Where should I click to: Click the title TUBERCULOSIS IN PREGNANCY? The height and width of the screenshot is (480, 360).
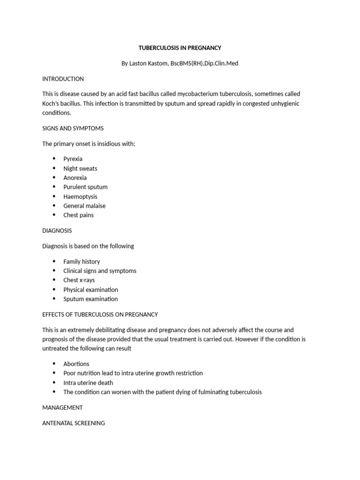click(180, 48)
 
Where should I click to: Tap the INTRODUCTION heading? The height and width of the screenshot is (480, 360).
click(63, 79)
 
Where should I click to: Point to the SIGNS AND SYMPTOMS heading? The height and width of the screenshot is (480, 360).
click(73, 128)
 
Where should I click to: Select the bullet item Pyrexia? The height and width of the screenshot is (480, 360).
click(73, 159)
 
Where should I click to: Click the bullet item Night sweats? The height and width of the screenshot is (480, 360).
click(80, 168)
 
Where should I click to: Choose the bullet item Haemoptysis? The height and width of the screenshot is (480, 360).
click(80, 196)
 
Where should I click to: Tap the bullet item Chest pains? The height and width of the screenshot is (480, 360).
click(78, 215)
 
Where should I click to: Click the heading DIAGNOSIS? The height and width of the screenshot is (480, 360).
click(57, 231)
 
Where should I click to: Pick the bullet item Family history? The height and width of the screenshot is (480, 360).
click(82, 262)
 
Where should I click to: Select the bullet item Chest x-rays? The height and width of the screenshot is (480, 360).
click(79, 280)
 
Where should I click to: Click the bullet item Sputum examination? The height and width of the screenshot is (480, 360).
click(90, 299)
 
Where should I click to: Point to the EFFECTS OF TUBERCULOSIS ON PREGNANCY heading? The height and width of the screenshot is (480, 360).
click(100, 315)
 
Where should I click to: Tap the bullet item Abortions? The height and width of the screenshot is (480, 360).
click(76, 364)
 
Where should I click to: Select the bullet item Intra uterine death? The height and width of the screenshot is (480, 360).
click(88, 382)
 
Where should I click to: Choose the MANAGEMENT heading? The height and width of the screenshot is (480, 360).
click(62, 407)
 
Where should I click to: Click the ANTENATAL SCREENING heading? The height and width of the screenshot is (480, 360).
click(74, 423)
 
